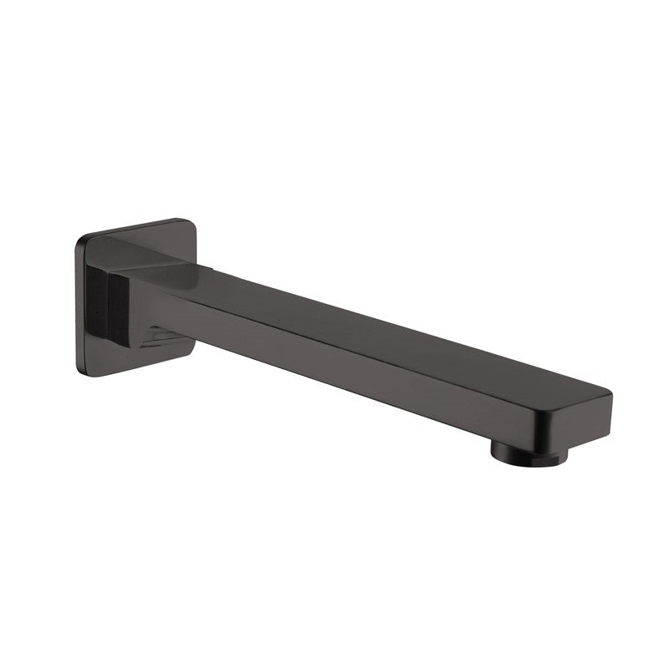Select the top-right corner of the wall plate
click(190, 223)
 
